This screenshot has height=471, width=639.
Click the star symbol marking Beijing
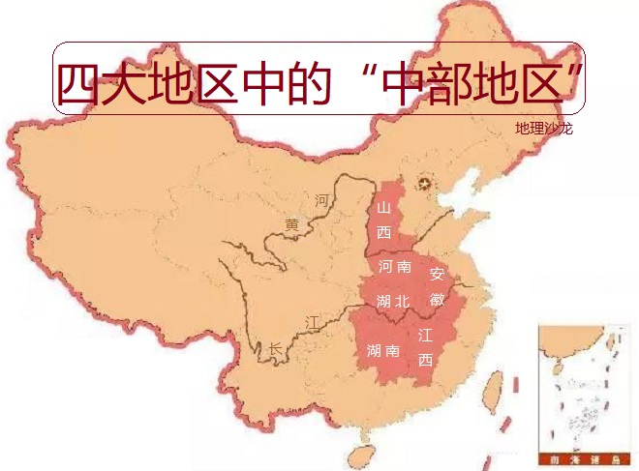click(422, 184)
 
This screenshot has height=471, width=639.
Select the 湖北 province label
click(393, 301)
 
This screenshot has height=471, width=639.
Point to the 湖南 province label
click(384, 351)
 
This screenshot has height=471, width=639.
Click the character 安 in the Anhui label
click(437, 275)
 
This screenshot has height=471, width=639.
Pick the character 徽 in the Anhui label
click(437, 299)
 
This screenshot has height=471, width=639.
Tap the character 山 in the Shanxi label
click(383, 208)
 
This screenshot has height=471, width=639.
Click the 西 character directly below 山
click(383, 232)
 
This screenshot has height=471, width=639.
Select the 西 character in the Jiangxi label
click(425, 360)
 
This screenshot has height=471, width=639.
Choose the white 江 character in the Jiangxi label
click(425, 337)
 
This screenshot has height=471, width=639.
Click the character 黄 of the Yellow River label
click(291, 224)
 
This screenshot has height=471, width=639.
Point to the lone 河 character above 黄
click(322, 200)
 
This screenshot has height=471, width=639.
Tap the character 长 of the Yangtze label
click(275, 348)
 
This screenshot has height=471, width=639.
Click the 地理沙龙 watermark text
click(543, 129)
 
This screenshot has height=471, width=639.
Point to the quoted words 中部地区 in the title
click(473, 85)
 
